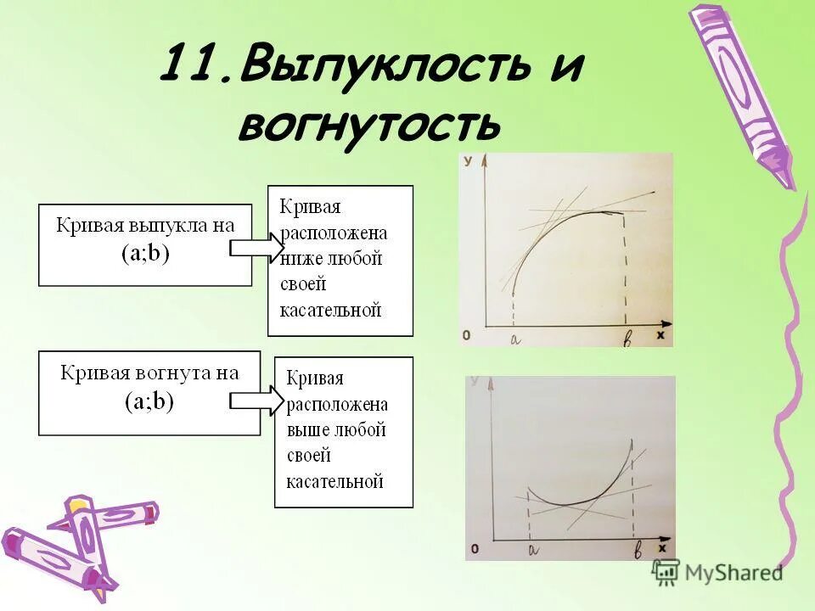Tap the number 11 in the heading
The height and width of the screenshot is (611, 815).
pyautogui.click(x=190, y=66)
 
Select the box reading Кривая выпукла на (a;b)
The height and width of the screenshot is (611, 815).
pyautogui.click(x=145, y=244)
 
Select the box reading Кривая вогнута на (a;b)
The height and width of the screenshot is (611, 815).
pyautogui.click(x=149, y=393)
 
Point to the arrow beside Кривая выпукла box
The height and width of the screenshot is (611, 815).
pyautogui.click(x=257, y=247)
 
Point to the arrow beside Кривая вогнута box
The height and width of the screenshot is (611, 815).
pyautogui.click(x=257, y=399)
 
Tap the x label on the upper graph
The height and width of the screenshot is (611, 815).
pyautogui.click(x=659, y=336)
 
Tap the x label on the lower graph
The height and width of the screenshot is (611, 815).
pyautogui.click(x=661, y=550)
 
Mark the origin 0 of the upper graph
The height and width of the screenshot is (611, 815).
pyautogui.click(x=467, y=336)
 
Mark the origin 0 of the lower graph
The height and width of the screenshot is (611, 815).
pyautogui.click(x=475, y=550)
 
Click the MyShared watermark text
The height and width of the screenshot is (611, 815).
pyautogui.click(x=733, y=573)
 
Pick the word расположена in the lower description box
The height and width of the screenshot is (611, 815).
pyautogui.click(x=337, y=404)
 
